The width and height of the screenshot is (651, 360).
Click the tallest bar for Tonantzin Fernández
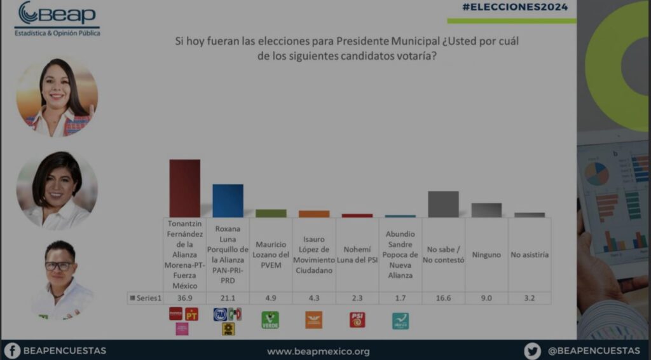tap(184, 188)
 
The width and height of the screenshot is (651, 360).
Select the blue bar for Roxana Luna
tap(228, 201)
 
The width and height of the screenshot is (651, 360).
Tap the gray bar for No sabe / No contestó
tap(443, 204)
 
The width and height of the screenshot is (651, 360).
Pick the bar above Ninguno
tap(486, 210)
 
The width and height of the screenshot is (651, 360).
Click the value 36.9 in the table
tap(184, 298)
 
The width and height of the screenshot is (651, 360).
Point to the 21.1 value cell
tap(228, 298)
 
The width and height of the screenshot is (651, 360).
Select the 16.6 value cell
tap(443, 298)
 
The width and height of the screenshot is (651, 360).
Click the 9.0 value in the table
tap(486, 298)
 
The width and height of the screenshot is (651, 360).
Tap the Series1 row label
tap(146, 298)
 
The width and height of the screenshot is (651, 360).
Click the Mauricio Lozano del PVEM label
tap(271, 254)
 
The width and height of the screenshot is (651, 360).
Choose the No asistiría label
tap(530, 254)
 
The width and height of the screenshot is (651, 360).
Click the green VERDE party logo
tap(270, 319)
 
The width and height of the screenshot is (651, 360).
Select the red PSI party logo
tap(357, 319)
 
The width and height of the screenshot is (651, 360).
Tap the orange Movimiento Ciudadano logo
tap(313, 319)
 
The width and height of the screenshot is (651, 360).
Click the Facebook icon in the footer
tap(12, 350)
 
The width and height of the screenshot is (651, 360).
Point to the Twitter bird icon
tap(532, 350)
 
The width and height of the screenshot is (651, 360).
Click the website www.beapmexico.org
tap(318, 351)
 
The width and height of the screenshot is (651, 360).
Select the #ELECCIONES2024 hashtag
tap(515, 7)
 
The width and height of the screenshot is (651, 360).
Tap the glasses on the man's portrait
tap(58, 266)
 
